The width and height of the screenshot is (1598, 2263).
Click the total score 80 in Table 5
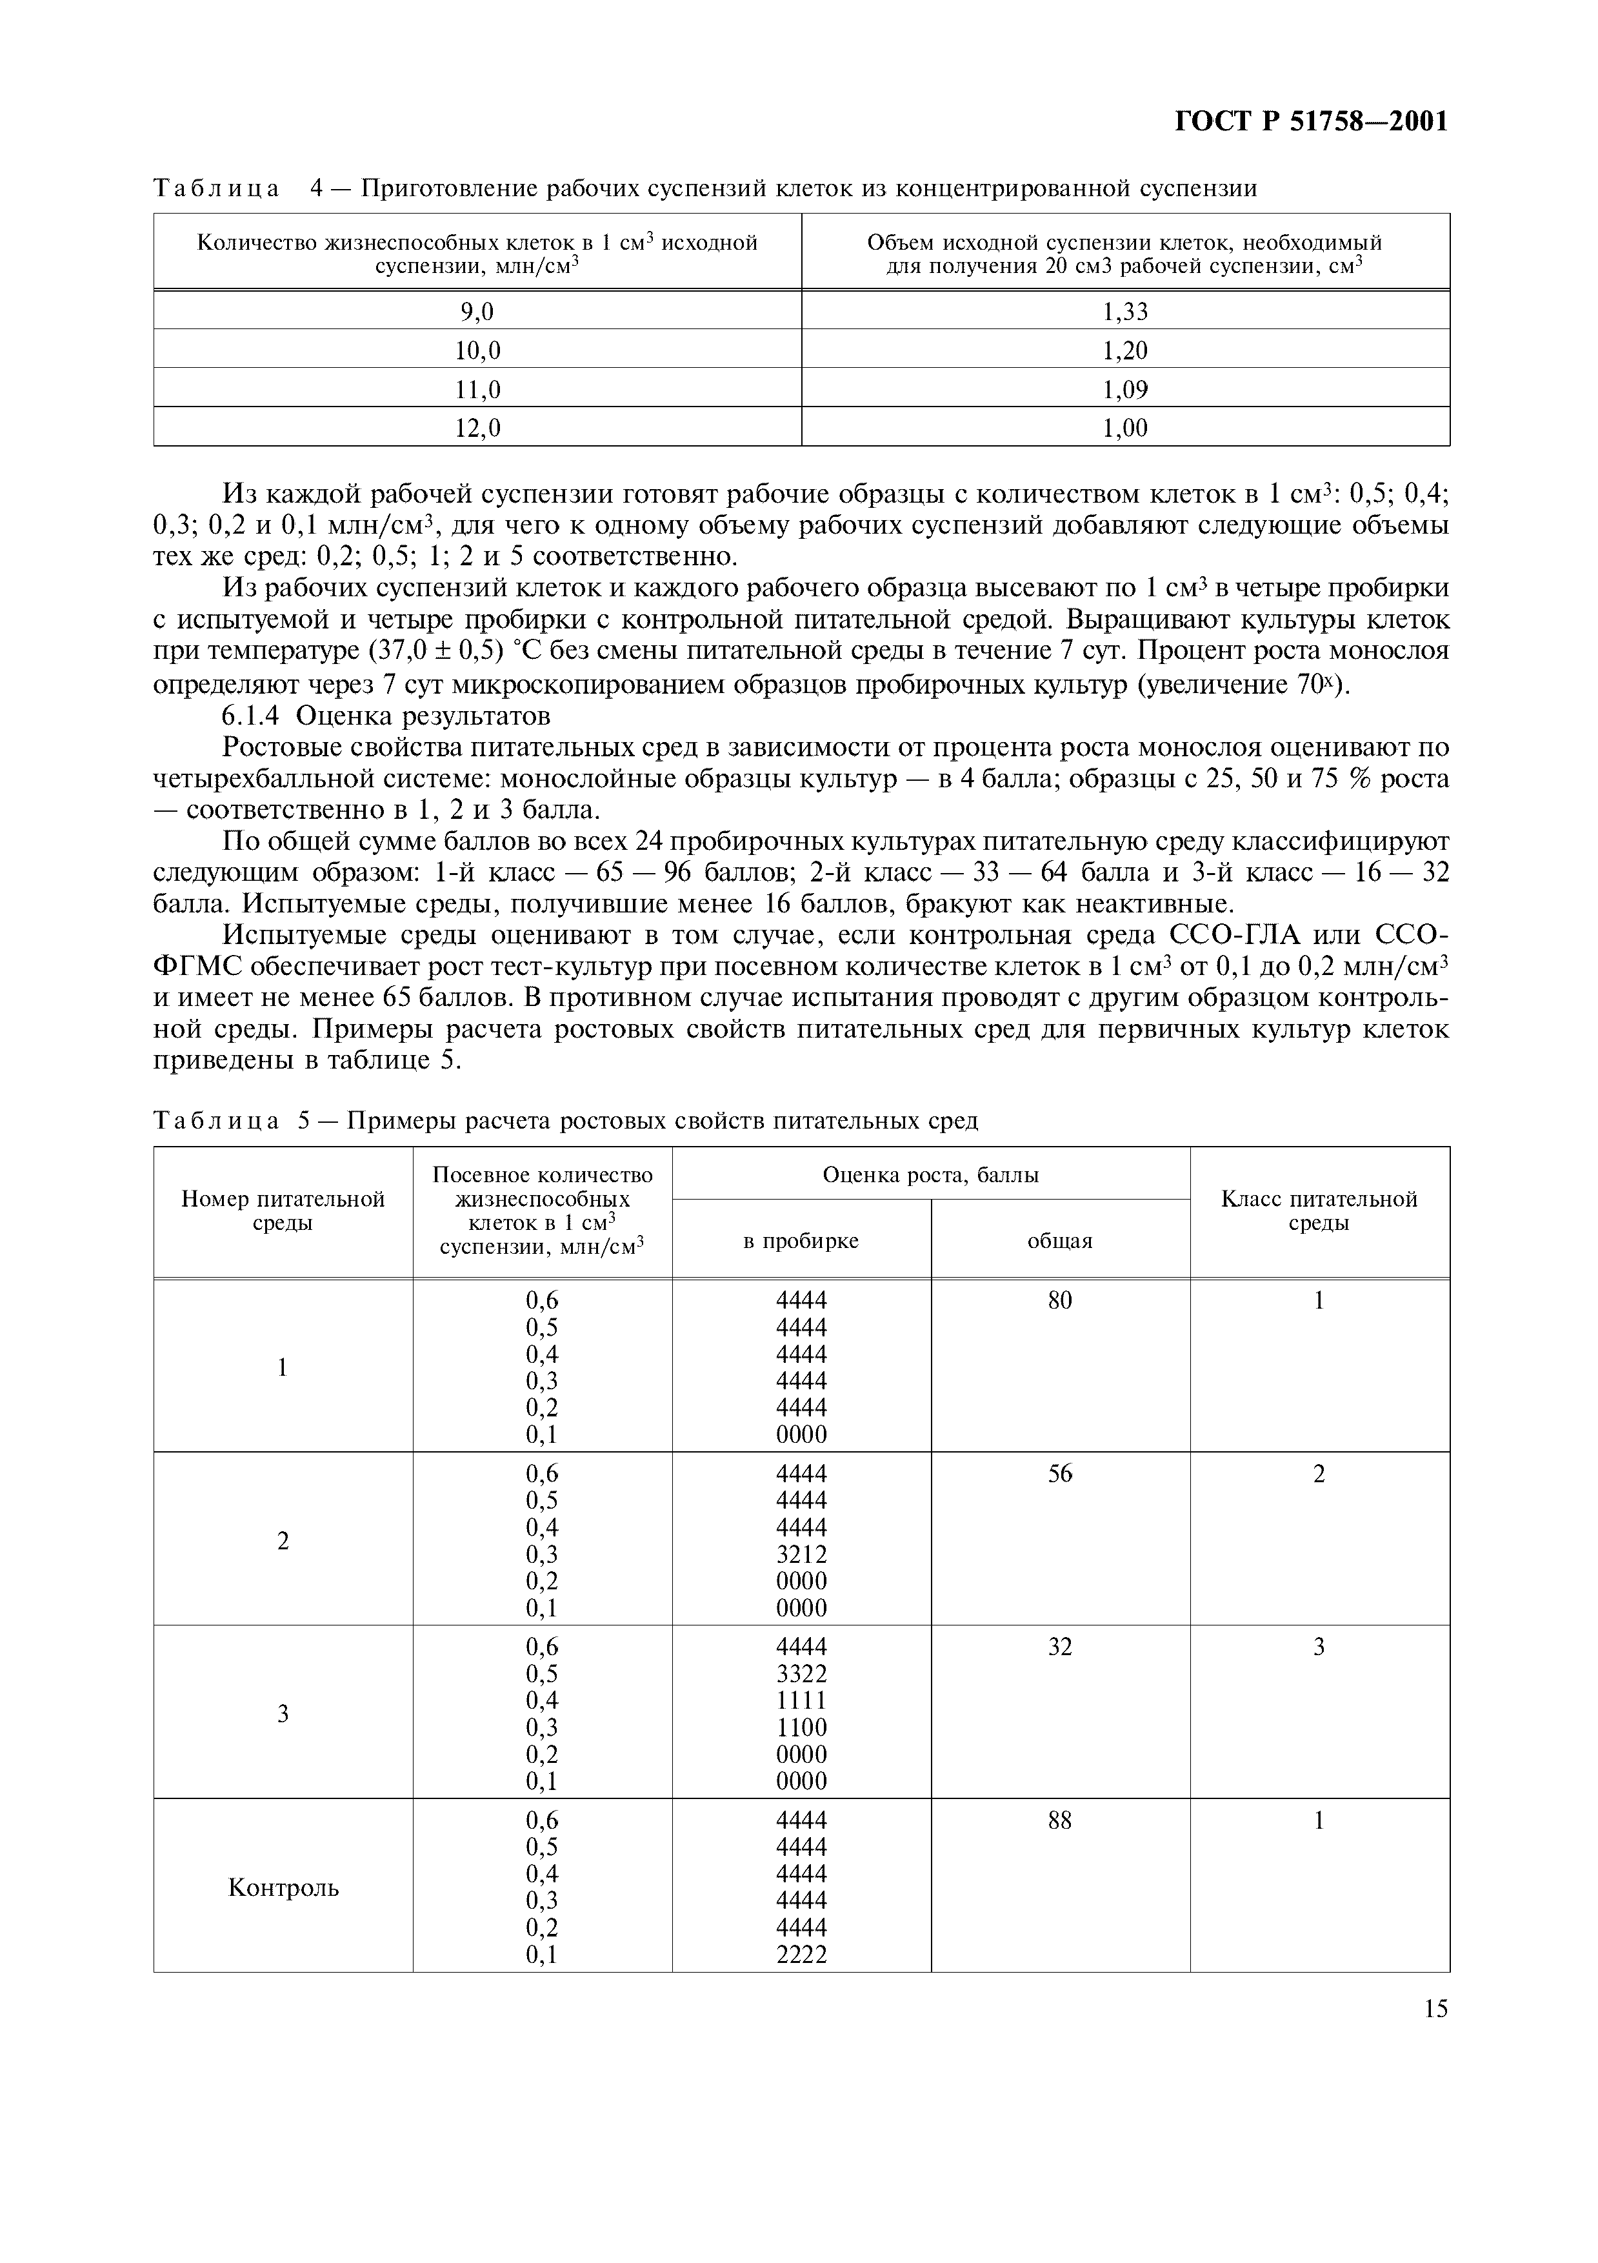point(1059,1301)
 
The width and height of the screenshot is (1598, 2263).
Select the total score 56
point(1059,1474)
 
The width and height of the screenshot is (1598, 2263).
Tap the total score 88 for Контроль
point(1059,1820)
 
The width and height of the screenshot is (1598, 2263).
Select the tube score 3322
point(801,1674)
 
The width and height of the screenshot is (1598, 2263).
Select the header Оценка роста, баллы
point(930,1175)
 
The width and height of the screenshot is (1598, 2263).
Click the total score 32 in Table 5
point(1059,1647)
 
